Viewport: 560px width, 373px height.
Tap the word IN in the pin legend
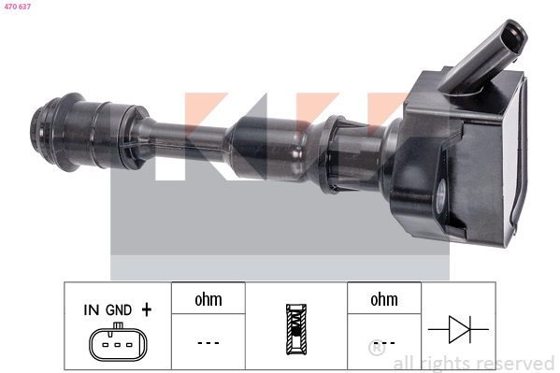tap(92, 308)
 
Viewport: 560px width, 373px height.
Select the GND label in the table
tap(119, 308)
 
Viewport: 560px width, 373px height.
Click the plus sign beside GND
tap(146, 308)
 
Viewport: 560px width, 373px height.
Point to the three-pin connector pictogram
tap(117, 344)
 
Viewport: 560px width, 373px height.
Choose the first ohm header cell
tap(208, 300)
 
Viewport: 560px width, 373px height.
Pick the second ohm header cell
tap(384, 300)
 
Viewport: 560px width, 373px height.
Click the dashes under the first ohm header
tap(208, 343)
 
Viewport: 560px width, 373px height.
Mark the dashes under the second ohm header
tap(384, 343)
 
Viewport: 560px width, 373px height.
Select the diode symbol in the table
tap(460, 329)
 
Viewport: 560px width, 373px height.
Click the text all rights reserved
tap(473, 363)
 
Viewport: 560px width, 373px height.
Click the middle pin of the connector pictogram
tap(117, 346)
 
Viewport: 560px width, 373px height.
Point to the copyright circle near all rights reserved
tap(376, 350)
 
